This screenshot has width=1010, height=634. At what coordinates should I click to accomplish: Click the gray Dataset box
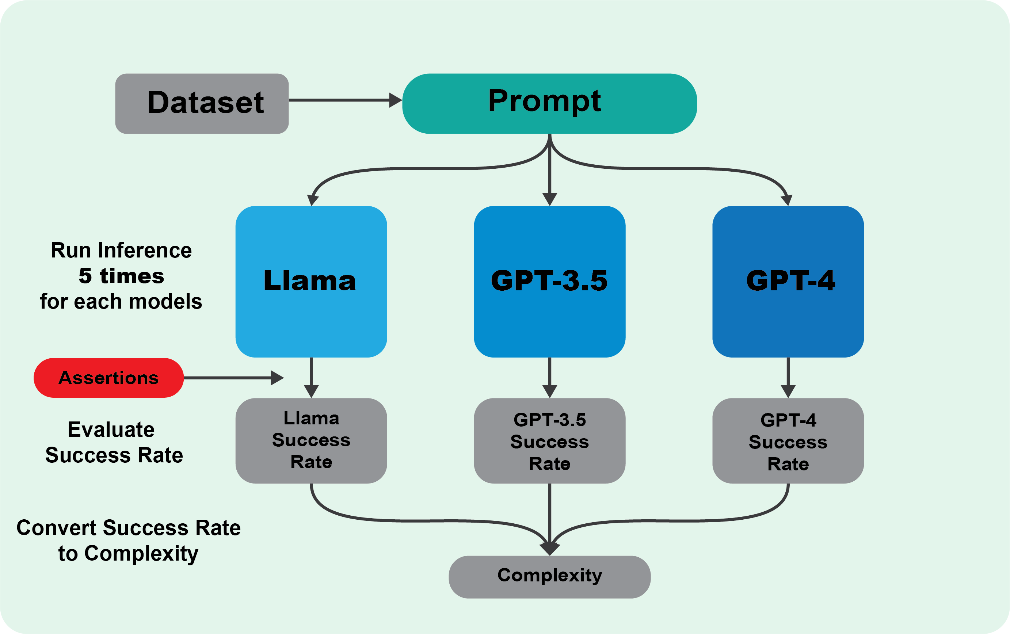click(x=202, y=104)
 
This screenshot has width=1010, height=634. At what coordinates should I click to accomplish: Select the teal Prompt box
click(x=549, y=104)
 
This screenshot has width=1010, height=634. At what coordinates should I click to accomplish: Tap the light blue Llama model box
click(x=311, y=281)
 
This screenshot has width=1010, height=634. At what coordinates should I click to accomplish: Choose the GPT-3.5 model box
click(x=550, y=281)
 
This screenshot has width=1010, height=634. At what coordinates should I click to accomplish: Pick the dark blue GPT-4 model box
click(x=788, y=281)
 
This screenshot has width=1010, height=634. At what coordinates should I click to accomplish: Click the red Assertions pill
click(x=108, y=378)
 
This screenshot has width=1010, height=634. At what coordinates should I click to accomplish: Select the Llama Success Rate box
click(x=311, y=441)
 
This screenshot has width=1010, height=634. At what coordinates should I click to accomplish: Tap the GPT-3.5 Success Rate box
click(x=550, y=441)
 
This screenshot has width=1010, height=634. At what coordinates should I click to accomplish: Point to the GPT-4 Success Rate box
click(x=788, y=441)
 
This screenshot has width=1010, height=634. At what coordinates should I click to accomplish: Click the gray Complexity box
click(x=550, y=577)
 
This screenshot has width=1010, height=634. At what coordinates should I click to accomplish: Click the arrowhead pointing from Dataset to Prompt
click(x=395, y=100)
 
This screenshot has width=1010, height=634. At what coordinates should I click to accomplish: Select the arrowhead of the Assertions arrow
click(x=277, y=378)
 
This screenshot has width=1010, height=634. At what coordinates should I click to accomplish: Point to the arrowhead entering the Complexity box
click(x=550, y=549)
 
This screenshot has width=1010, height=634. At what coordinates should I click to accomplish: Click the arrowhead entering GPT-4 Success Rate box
click(x=788, y=392)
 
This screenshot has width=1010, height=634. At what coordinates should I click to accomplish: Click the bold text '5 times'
click(x=121, y=276)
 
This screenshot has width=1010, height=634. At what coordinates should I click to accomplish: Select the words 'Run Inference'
click(x=121, y=250)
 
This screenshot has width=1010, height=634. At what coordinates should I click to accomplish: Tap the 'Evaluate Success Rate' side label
click(x=114, y=442)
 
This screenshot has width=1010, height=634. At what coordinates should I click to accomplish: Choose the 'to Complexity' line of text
click(x=128, y=554)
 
